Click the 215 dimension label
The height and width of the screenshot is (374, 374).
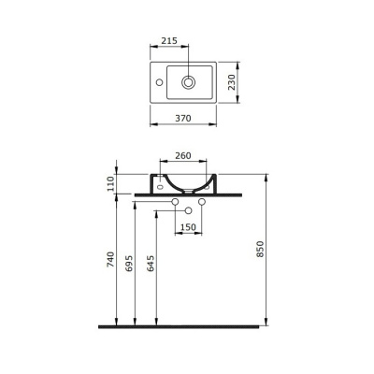(169, 41)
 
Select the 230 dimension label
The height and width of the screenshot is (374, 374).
(232, 82)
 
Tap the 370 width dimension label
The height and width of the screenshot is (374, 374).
(183, 119)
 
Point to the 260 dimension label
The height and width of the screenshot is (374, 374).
(183, 155)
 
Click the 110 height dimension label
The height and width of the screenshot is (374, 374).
(111, 184)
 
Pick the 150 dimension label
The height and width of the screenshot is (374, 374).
(188, 227)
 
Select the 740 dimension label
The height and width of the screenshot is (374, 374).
(110, 260)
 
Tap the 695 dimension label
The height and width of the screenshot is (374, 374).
(129, 264)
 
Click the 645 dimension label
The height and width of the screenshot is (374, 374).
(151, 264)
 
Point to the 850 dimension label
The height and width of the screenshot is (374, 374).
(260, 249)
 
